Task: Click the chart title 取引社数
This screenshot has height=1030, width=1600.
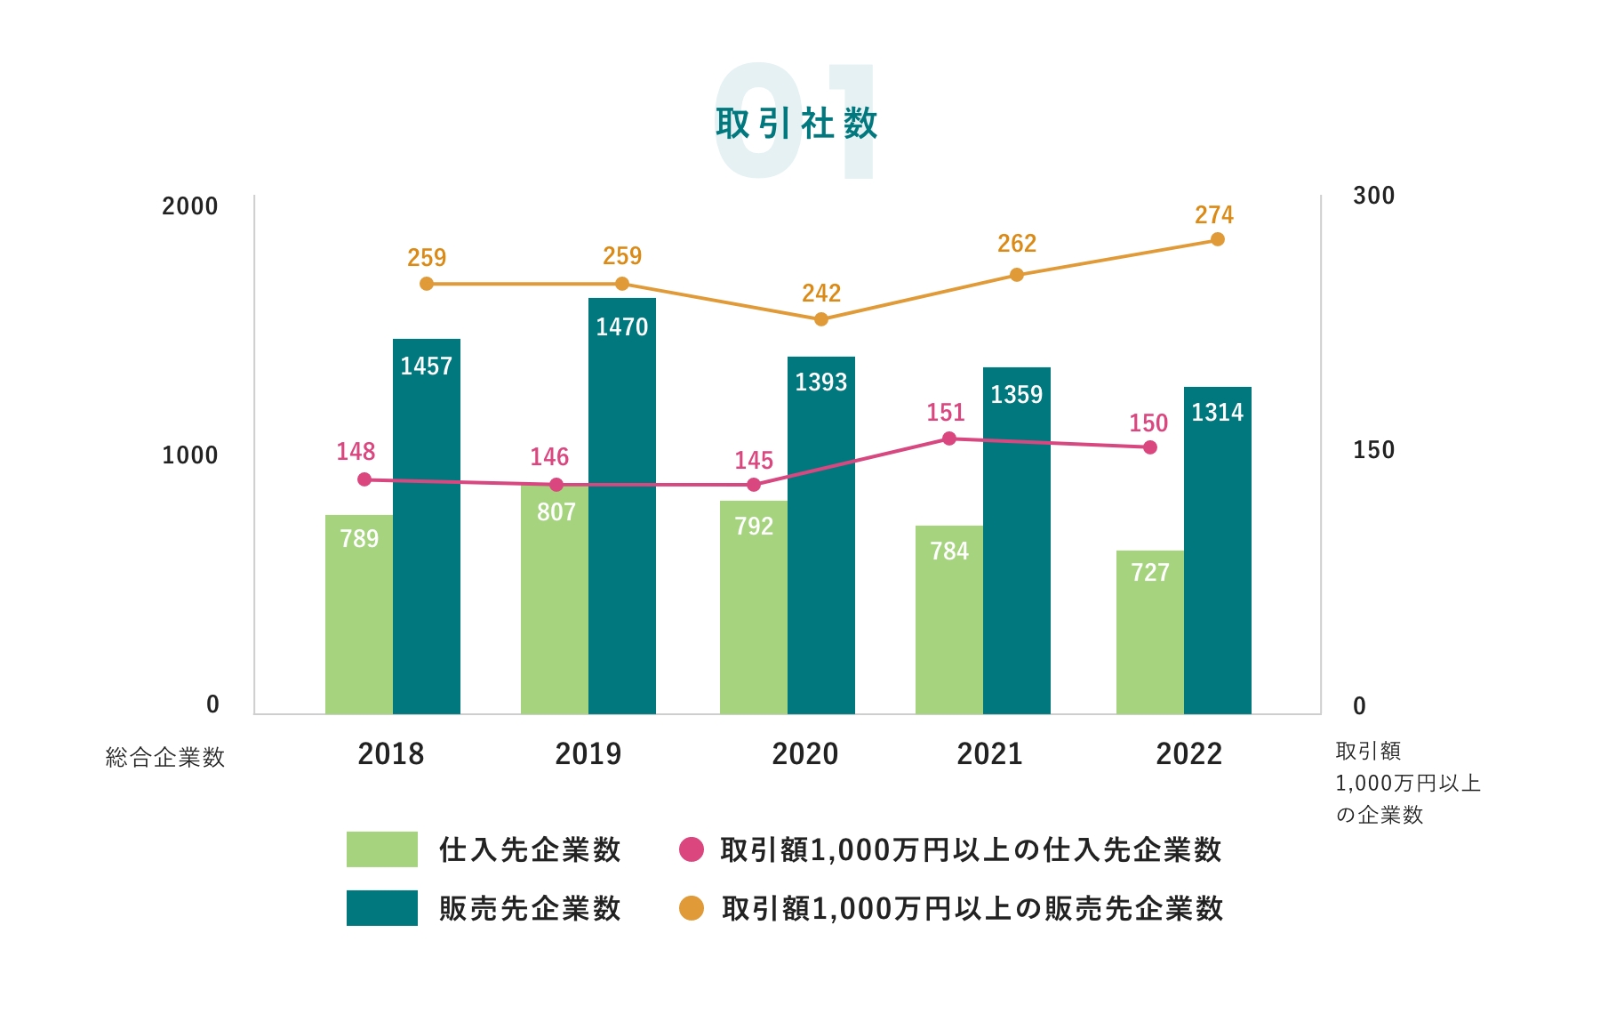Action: [796, 124]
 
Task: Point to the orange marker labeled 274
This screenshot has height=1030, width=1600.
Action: [1218, 239]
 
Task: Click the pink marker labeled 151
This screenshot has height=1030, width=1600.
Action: [949, 439]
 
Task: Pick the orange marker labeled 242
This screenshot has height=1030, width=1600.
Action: [821, 319]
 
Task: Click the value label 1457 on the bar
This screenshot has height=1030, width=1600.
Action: [427, 366]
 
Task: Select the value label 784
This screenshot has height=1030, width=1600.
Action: [949, 551]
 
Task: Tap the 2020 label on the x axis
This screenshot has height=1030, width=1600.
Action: [805, 754]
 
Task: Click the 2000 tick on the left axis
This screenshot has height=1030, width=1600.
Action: [190, 206]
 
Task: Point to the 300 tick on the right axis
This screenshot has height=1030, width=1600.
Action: [1373, 196]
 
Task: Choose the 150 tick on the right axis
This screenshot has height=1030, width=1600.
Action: [1373, 450]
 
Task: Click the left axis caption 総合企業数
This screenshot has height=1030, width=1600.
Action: [165, 758]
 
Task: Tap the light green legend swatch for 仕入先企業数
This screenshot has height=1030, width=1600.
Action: [381, 849]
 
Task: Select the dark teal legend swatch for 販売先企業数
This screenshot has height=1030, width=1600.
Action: [381, 908]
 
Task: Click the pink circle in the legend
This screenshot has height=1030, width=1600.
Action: [692, 849]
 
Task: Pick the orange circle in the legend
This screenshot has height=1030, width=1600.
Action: [692, 908]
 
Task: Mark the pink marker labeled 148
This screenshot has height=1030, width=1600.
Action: [364, 479]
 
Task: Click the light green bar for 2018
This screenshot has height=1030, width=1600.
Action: [358, 623]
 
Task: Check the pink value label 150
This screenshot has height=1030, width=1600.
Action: [1148, 423]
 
